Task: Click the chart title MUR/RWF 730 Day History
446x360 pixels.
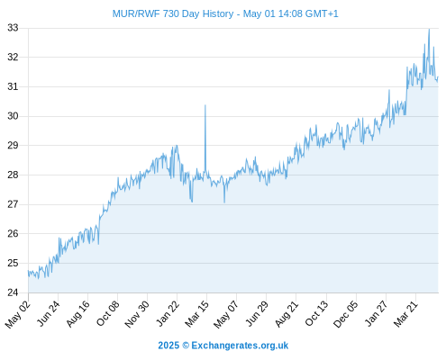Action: click(173, 13)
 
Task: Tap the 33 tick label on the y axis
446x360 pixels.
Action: click(13, 28)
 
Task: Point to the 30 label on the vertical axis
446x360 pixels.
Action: click(13, 116)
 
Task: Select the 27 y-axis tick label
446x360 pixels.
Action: click(13, 204)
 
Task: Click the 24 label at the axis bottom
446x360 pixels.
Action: click(13, 292)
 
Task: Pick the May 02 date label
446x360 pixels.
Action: click(18, 314)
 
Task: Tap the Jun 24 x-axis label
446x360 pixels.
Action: click(49, 313)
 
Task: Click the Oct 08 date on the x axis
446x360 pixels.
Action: click(108, 313)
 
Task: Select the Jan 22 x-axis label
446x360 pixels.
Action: click(168, 313)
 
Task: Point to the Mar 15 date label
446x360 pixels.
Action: click(196, 313)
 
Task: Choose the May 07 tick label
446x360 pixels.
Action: click(226, 314)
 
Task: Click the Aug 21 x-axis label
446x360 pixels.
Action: click(287, 313)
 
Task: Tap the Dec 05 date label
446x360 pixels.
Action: click(346, 314)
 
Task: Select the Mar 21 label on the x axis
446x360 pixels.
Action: click(405, 313)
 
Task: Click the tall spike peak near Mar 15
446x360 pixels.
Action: click(205, 105)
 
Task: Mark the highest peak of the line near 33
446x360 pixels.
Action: click(429, 30)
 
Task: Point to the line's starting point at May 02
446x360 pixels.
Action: click(29, 271)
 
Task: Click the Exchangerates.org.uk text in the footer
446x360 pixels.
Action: click(240, 346)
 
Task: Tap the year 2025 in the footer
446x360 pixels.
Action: click(168, 346)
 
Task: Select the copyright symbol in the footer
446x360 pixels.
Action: click(186, 346)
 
